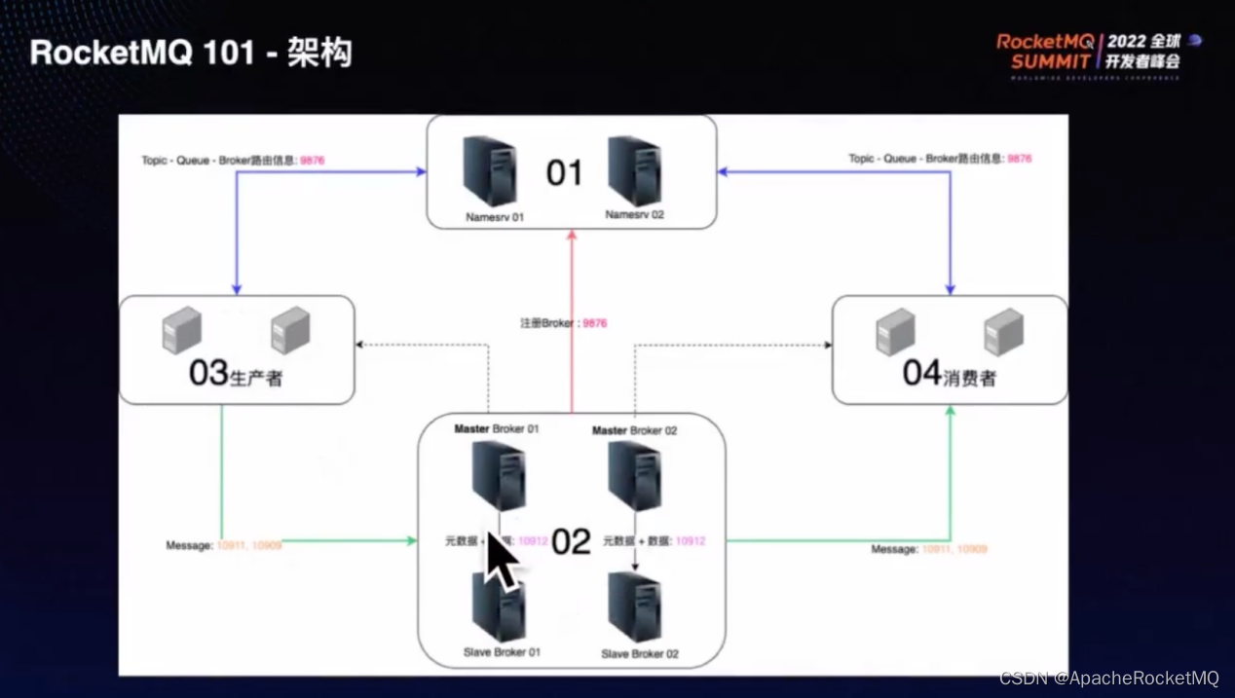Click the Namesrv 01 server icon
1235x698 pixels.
click(x=490, y=170)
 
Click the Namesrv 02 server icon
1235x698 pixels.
click(x=634, y=170)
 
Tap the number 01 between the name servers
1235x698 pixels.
click(x=564, y=173)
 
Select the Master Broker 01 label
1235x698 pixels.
click(x=496, y=429)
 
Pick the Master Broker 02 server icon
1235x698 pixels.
click(x=634, y=475)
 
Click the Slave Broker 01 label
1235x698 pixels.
click(x=502, y=652)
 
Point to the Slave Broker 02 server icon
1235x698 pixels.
click(x=634, y=606)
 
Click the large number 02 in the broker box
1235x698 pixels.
click(x=571, y=542)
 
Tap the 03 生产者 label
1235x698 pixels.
click(x=235, y=373)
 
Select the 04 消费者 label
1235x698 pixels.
click(x=949, y=373)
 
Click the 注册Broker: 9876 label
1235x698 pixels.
click(x=563, y=323)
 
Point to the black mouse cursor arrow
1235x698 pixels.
click(x=501, y=561)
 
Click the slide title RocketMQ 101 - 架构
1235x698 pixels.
click(x=191, y=53)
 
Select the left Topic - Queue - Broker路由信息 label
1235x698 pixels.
click(x=233, y=160)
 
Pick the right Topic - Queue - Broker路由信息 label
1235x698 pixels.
click(x=939, y=158)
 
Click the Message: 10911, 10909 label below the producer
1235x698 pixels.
click(x=223, y=546)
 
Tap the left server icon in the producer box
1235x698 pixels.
click(x=181, y=330)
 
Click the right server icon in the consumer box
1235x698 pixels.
click(x=1003, y=332)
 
